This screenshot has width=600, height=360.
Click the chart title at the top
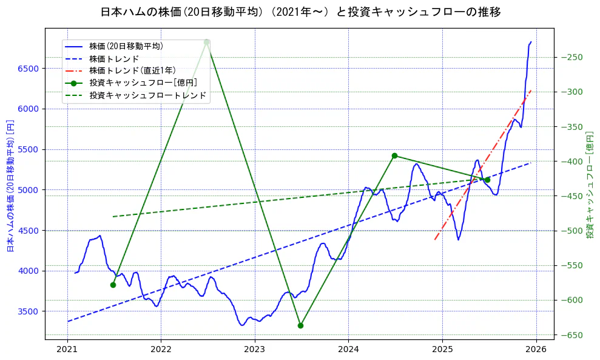tap(300, 12)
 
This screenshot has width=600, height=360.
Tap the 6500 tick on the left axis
tap(28, 69)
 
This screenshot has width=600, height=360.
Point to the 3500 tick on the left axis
tap(28, 311)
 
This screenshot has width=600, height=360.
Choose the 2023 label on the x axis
tap(255, 349)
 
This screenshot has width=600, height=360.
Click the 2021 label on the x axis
tap(67, 349)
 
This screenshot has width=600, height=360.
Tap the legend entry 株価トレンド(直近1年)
tap(132, 70)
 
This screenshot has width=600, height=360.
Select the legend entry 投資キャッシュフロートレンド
tap(147, 95)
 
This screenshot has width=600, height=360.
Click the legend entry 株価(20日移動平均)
tap(126, 46)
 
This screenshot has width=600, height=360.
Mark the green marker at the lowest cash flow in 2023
tap(300, 325)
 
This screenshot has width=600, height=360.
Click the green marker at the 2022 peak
tap(207, 42)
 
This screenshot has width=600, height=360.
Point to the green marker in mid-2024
tap(394, 156)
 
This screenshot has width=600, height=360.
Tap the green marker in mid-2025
tap(487, 180)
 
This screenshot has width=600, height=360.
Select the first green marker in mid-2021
tap(113, 285)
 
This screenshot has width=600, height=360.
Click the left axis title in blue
tap(10, 186)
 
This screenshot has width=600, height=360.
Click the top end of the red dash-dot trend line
tap(531, 90)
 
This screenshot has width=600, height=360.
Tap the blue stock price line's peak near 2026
tap(531, 42)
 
